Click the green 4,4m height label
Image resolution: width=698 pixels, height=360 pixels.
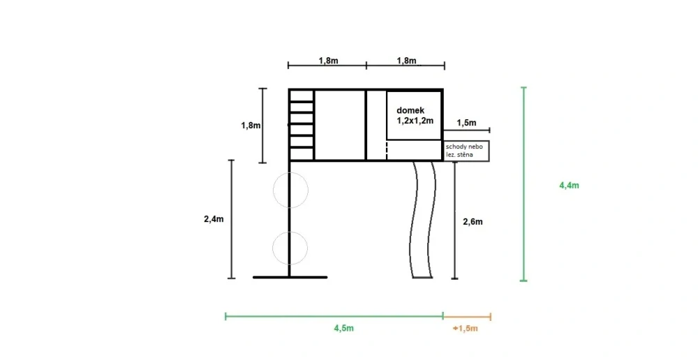[569, 185]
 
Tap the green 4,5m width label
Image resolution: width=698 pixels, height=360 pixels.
[343, 329]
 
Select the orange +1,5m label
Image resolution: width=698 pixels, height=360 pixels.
[466, 329]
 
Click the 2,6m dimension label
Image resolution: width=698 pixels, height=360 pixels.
[473, 222]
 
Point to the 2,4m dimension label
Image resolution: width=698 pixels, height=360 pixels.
[214, 219]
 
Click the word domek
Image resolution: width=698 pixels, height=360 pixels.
[410, 110]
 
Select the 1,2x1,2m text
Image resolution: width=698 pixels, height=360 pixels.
[415, 120]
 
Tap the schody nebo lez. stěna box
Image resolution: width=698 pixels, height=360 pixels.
[466, 151]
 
